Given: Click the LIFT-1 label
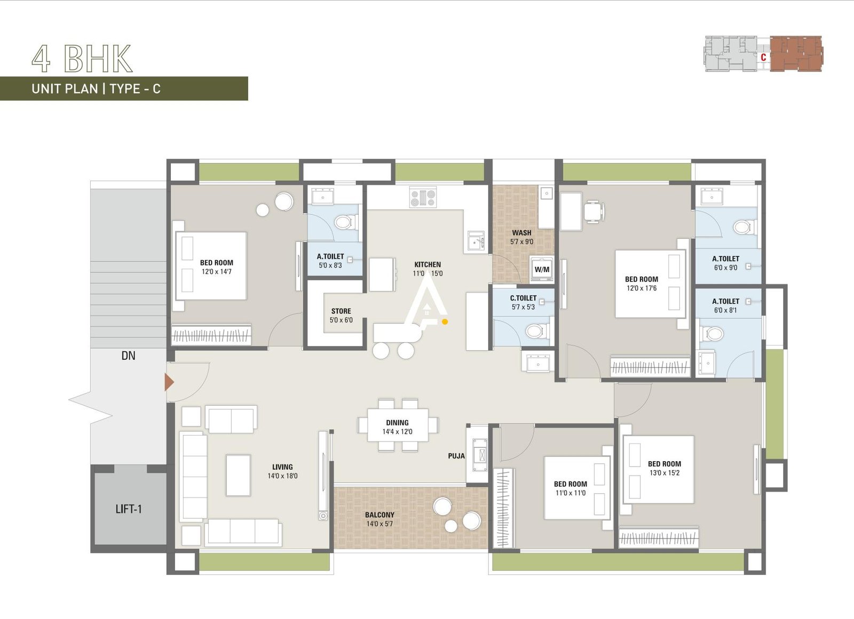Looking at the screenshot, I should (129, 509).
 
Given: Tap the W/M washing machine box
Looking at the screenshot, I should (542, 269).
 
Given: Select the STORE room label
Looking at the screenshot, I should (341, 311).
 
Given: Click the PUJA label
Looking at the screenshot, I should (456, 456).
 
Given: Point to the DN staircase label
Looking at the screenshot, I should (128, 356).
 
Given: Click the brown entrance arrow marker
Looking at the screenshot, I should (169, 382).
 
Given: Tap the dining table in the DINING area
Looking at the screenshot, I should (398, 425).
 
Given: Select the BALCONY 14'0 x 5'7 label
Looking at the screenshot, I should (380, 519).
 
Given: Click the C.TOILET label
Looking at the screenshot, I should (523, 298).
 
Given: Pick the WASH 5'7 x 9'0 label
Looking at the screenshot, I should (521, 237).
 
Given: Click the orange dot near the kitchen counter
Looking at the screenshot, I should (445, 321).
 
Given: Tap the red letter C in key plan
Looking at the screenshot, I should (763, 57).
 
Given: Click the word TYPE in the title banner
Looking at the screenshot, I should (125, 89).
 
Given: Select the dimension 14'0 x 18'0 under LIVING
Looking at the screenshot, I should (282, 476).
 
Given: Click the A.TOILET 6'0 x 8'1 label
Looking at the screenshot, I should (725, 306).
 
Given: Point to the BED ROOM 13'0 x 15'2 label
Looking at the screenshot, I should (665, 468).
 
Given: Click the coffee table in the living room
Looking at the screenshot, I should (238, 475).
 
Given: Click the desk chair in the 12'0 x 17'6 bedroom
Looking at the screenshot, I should (594, 211).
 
